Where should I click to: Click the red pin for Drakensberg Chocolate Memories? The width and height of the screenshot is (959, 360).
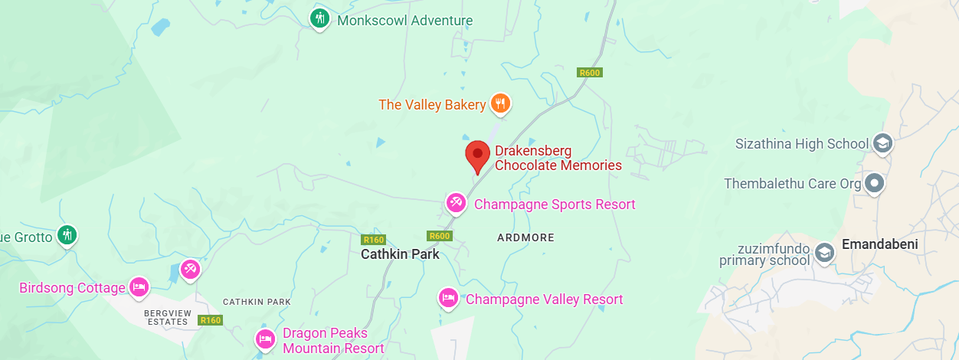478,153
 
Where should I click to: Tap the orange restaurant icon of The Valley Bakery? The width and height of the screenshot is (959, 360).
500,103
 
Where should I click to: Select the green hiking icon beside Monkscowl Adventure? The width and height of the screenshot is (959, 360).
320,18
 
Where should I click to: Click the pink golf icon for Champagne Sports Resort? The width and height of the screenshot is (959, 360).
457,203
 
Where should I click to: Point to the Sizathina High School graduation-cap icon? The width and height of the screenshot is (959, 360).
882,143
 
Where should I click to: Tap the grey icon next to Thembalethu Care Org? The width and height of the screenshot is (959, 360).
874,184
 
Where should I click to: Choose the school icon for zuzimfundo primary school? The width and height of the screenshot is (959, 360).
824,252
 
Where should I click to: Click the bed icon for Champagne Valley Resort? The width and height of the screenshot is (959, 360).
448,297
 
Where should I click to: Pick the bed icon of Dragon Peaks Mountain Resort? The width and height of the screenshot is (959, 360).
265,338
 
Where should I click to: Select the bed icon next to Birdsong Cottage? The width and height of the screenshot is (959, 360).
139,286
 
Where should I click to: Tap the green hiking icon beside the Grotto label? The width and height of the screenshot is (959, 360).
67,235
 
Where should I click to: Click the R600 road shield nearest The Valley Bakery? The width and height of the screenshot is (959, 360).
590,73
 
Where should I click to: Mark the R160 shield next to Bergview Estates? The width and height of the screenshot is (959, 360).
210,320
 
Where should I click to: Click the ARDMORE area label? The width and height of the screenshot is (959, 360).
525,237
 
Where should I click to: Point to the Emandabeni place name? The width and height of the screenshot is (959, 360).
879,244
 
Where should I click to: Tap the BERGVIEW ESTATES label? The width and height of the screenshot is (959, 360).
166,317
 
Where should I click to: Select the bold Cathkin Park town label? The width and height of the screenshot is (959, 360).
400,254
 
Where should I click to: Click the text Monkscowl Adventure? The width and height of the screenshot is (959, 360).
405,21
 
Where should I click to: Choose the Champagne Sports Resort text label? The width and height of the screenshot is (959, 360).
555,205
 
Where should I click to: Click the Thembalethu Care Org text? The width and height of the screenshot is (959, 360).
793,184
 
